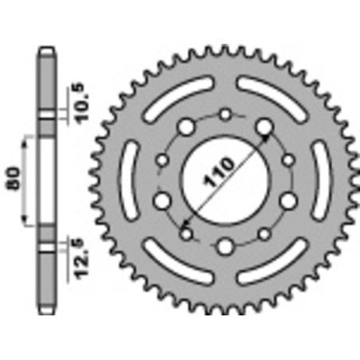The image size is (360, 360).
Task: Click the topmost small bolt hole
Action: [225, 115]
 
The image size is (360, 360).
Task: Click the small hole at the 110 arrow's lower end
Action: [188, 233]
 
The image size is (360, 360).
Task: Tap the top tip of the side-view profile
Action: [47, 49]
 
